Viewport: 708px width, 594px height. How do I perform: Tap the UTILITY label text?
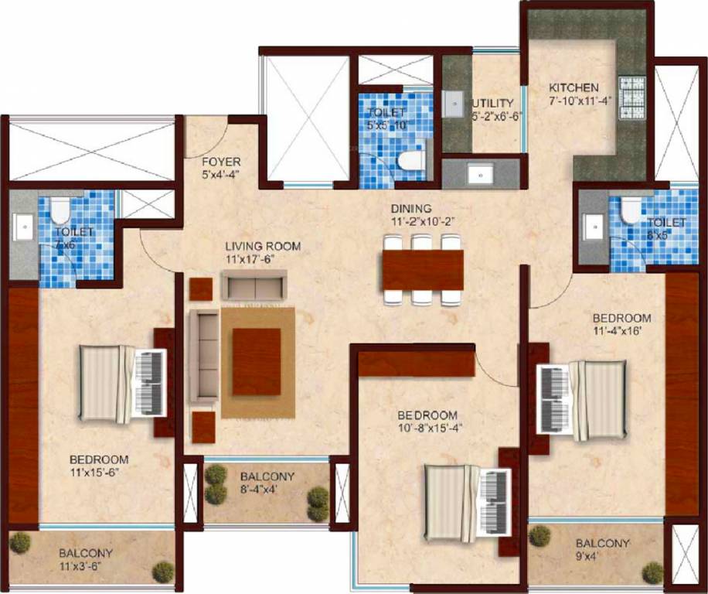point(493,103)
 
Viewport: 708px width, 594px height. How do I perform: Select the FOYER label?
point(221,162)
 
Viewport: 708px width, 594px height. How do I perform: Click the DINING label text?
point(410,209)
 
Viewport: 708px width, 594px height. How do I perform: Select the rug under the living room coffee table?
point(257,363)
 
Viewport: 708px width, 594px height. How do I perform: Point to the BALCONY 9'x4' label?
point(602,543)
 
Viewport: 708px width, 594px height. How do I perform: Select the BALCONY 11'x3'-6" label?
point(86,553)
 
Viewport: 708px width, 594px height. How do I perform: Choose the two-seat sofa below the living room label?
point(254,286)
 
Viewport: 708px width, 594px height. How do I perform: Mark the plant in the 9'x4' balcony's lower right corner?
point(652,573)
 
